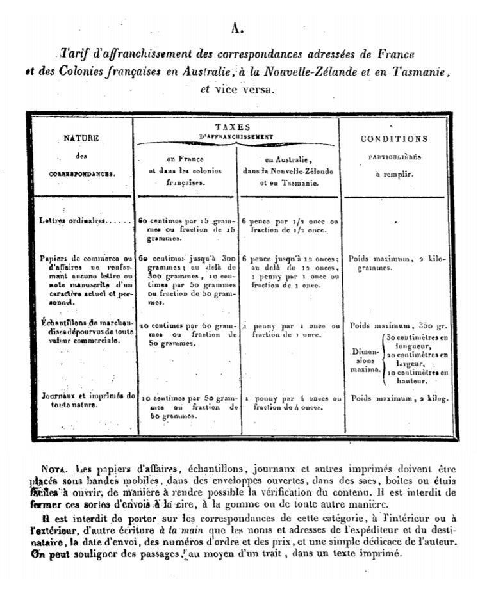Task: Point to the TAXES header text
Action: click(235, 127)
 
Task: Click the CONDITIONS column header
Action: click(394, 139)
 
